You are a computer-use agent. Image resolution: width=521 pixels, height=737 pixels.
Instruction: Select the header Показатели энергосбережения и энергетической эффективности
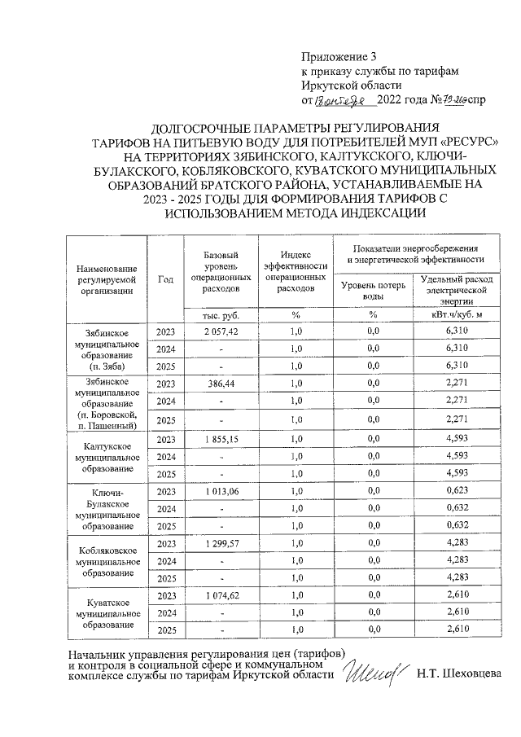click(x=415, y=253)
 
